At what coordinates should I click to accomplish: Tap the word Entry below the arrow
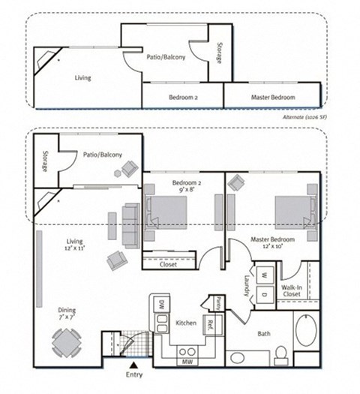click(x=134, y=374)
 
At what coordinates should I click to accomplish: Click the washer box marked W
click(x=263, y=274)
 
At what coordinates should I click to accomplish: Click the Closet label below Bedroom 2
click(x=169, y=264)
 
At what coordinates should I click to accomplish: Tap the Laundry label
click(x=247, y=284)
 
